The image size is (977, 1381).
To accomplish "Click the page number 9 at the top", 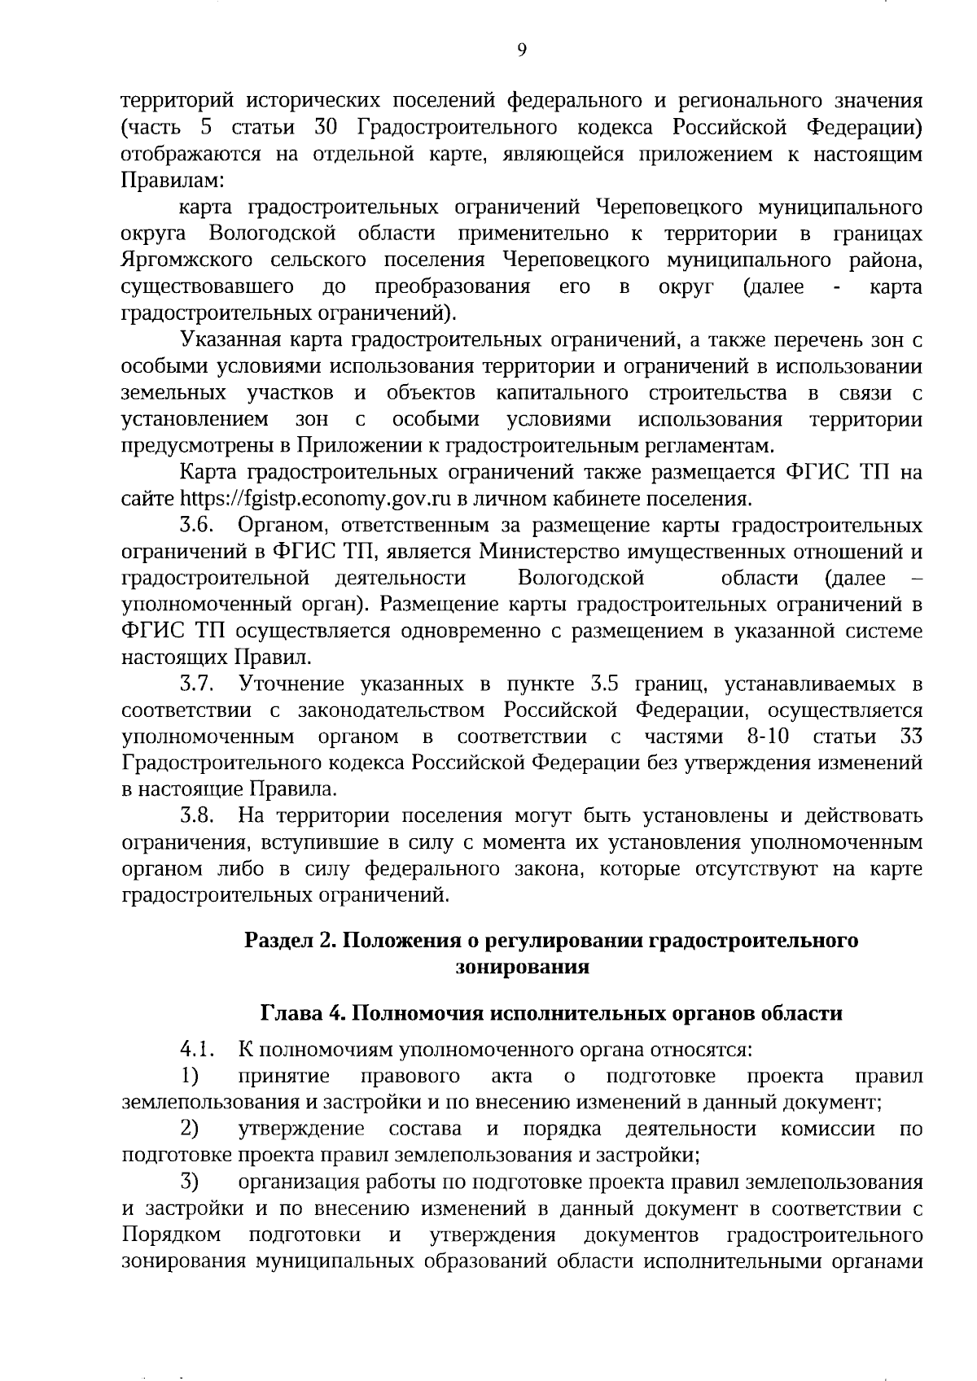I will pos(522,50).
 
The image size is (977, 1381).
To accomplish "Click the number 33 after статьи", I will pos(910,737).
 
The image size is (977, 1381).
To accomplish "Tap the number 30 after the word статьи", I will pos(325,128).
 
